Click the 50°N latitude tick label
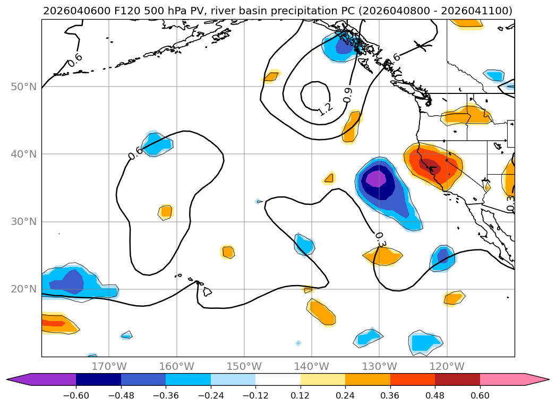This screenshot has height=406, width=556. (x=24, y=87)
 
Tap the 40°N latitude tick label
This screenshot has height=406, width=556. (x=24, y=154)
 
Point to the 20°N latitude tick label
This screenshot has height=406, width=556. (x=24, y=289)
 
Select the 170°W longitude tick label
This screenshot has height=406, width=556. (x=109, y=366)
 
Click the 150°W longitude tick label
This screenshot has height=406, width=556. (x=244, y=366)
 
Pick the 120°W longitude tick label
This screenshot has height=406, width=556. (x=447, y=366)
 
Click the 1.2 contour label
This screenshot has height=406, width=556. (x=325, y=109)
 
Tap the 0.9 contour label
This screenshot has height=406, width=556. (x=348, y=95)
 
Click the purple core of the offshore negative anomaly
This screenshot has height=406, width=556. (x=377, y=178)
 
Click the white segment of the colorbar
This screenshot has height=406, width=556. (x=278, y=379)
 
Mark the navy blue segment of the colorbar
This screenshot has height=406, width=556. (x=98, y=379)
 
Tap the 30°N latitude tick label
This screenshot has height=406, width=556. (x=24, y=222)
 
